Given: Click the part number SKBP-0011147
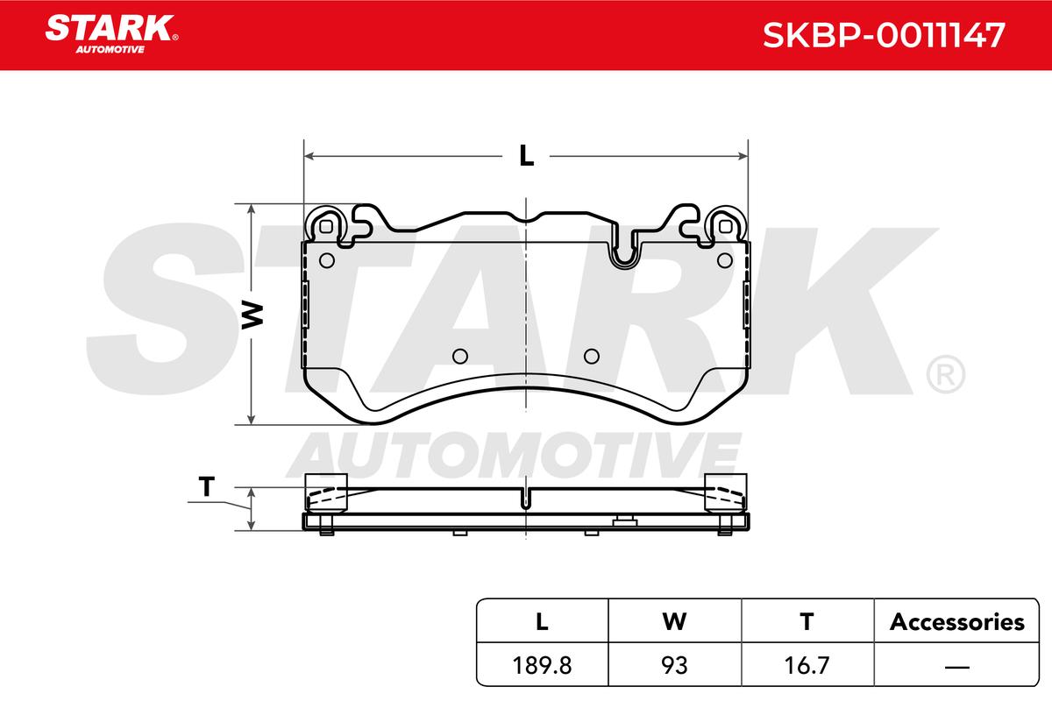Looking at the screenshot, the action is point(884,35).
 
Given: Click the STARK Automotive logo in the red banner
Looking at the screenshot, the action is point(111,34).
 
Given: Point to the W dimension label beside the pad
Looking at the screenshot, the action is point(252,315).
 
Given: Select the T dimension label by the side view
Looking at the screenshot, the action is point(207,486).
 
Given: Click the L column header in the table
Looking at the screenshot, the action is point(542,621).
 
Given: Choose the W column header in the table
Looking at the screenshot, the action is point(674,621).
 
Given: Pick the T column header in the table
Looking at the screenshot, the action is point(807,621).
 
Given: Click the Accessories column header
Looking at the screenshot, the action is point(956,622).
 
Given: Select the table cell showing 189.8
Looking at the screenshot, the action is point(542,665).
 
